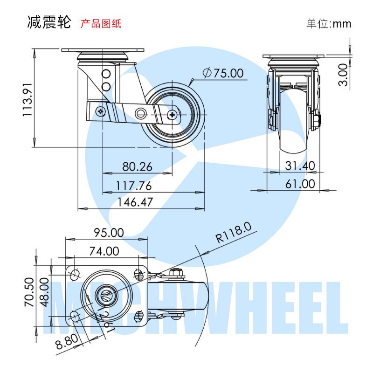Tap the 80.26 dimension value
click(137, 166)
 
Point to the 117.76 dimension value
click(134, 186)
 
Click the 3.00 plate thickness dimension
click(343, 75)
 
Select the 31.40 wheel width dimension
click(300, 166)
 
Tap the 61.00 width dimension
click(300, 184)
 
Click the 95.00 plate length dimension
click(109, 232)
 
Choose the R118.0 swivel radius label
click(234, 233)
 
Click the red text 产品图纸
click(101, 23)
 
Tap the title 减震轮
click(49, 22)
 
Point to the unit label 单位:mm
click(329, 24)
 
